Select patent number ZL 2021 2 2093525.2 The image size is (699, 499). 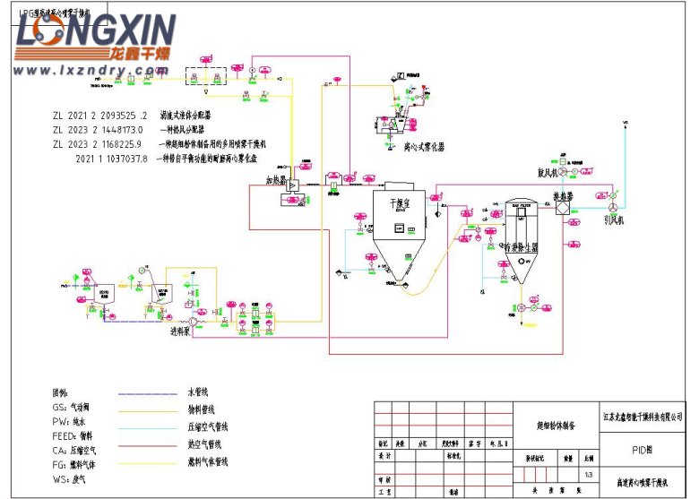(99, 116)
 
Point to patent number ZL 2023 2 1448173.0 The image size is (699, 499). (98, 130)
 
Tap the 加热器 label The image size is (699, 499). (273, 179)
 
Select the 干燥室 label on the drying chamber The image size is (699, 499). (397, 204)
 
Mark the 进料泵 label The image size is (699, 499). (183, 331)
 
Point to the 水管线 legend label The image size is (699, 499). (198, 391)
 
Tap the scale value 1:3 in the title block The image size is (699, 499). (588, 475)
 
